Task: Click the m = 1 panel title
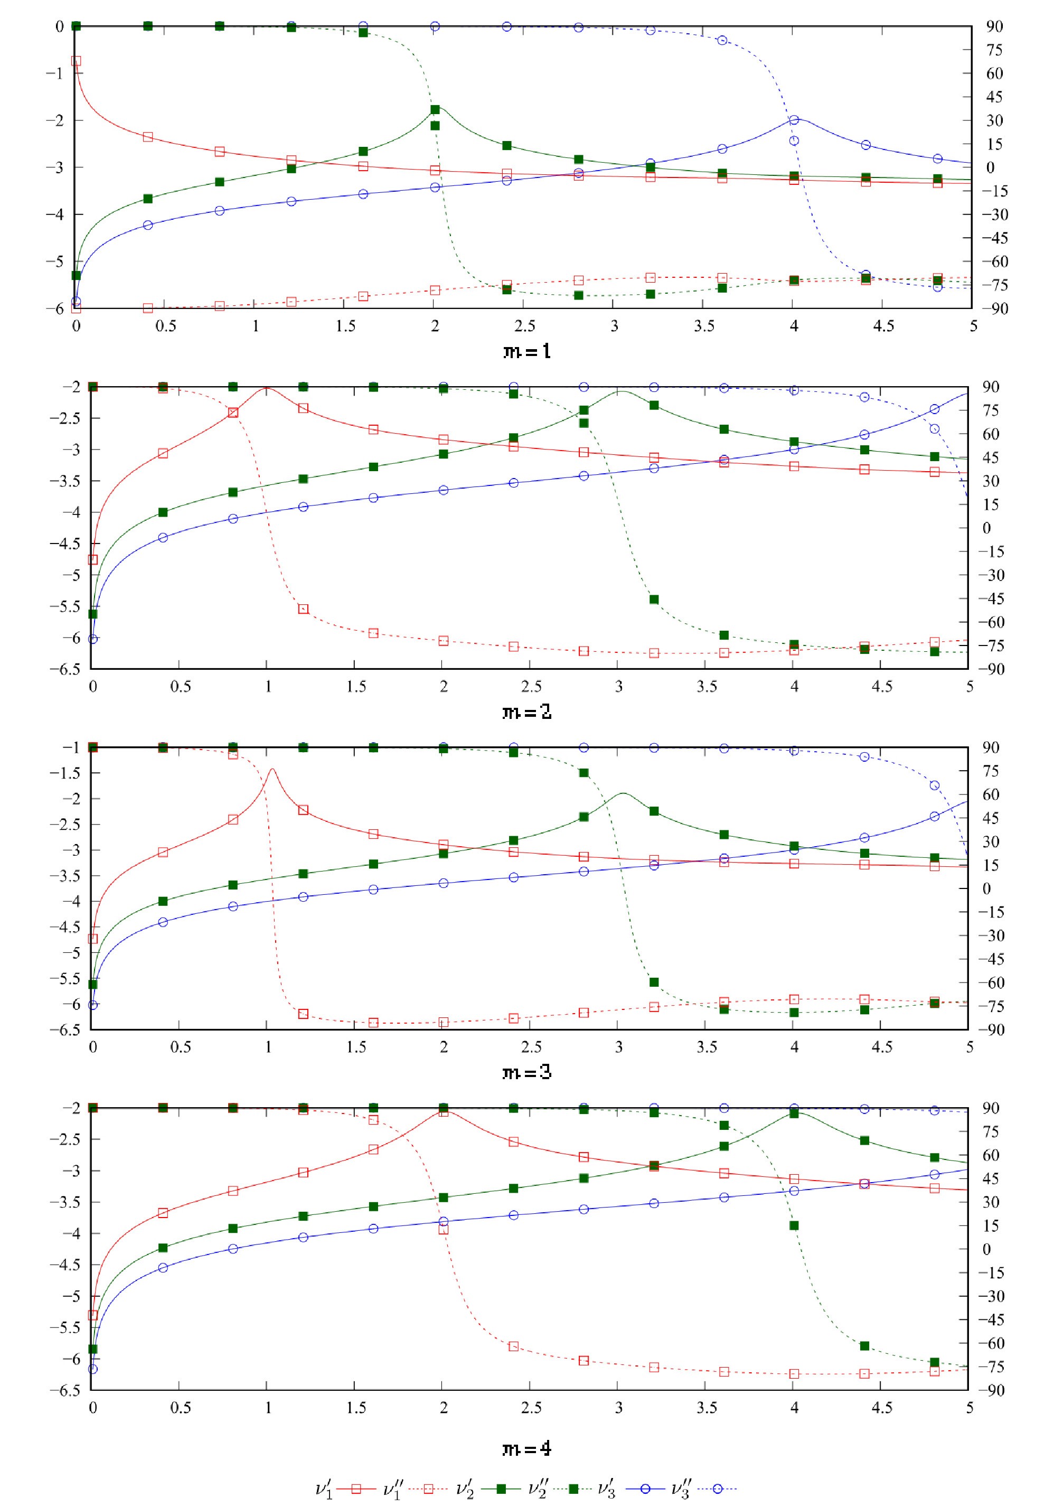(526, 352)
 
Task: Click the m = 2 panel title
(526, 712)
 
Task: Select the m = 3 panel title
(526, 1072)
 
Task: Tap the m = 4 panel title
(526, 1448)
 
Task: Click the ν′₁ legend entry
(344, 1489)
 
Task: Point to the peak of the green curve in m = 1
(436, 107)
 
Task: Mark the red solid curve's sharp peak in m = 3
(272, 769)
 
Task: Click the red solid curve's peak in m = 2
(267, 388)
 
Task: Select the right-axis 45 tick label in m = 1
(994, 97)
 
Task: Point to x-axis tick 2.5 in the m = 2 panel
(531, 687)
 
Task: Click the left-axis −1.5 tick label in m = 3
(64, 773)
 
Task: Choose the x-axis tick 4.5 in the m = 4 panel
(881, 1407)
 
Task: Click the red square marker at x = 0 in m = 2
(92, 560)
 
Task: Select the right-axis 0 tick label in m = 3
(986, 888)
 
